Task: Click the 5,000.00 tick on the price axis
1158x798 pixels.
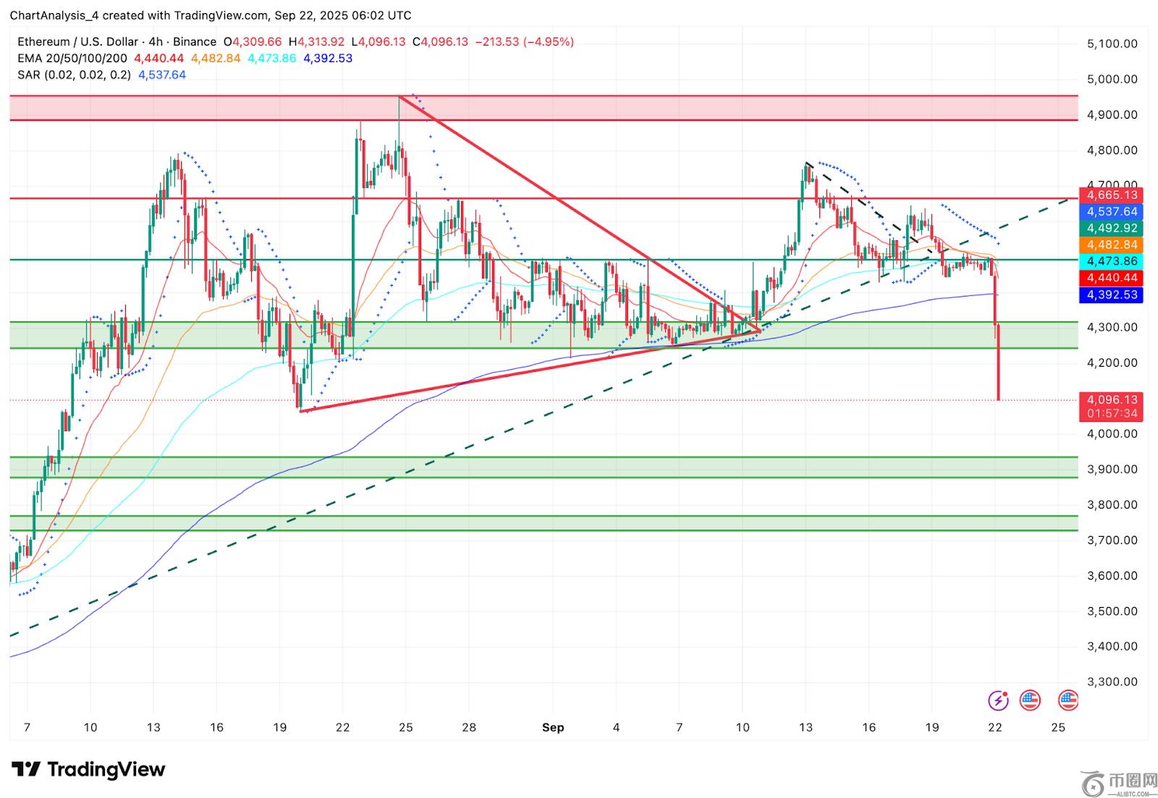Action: pyautogui.click(x=1112, y=79)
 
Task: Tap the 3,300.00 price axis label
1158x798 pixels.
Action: pyautogui.click(x=1112, y=682)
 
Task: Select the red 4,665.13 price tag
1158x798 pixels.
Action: pyautogui.click(x=1112, y=195)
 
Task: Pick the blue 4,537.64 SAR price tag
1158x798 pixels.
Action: pyautogui.click(x=1112, y=211)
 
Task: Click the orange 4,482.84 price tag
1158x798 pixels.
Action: pyautogui.click(x=1112, y=245)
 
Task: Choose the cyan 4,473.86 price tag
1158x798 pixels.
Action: pyautogui.click(x=1112, y=261)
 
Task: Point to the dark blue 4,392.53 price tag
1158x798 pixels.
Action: pyautogui.click(x=1112, y=294)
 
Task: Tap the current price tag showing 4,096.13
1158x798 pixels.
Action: pyautogui.click(x=1112, y=407)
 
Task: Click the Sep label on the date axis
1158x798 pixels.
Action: pyautogui.click(x=553, y=727)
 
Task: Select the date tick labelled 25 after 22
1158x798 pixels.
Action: pyautogui.click(x=1058, y=727)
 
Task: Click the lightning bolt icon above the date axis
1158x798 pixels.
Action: pyautogui.click(x=998, y=700)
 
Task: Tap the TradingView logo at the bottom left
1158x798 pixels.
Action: pyautogui.click(x=88, y=769)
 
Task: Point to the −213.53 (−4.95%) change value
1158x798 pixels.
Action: pyautogui.click(x=524, y=42)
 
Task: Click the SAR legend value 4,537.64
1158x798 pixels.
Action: pyautogui.click(x=162, y=75)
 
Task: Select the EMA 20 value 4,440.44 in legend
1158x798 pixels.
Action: pyautogui.click(x=159, y=59)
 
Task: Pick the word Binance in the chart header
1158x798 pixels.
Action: pyautogui.click(x=195, y=42)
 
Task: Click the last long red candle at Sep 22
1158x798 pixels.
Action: pyautogui.click(x=998, y=362)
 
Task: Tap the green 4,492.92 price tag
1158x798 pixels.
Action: pyautogui.click(x=1112, y=228)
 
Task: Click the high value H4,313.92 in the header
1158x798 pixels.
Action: pyautogui.click(x=316, y=42)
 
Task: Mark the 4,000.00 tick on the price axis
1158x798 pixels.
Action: pyautogui.click(x=1112, y=433)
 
